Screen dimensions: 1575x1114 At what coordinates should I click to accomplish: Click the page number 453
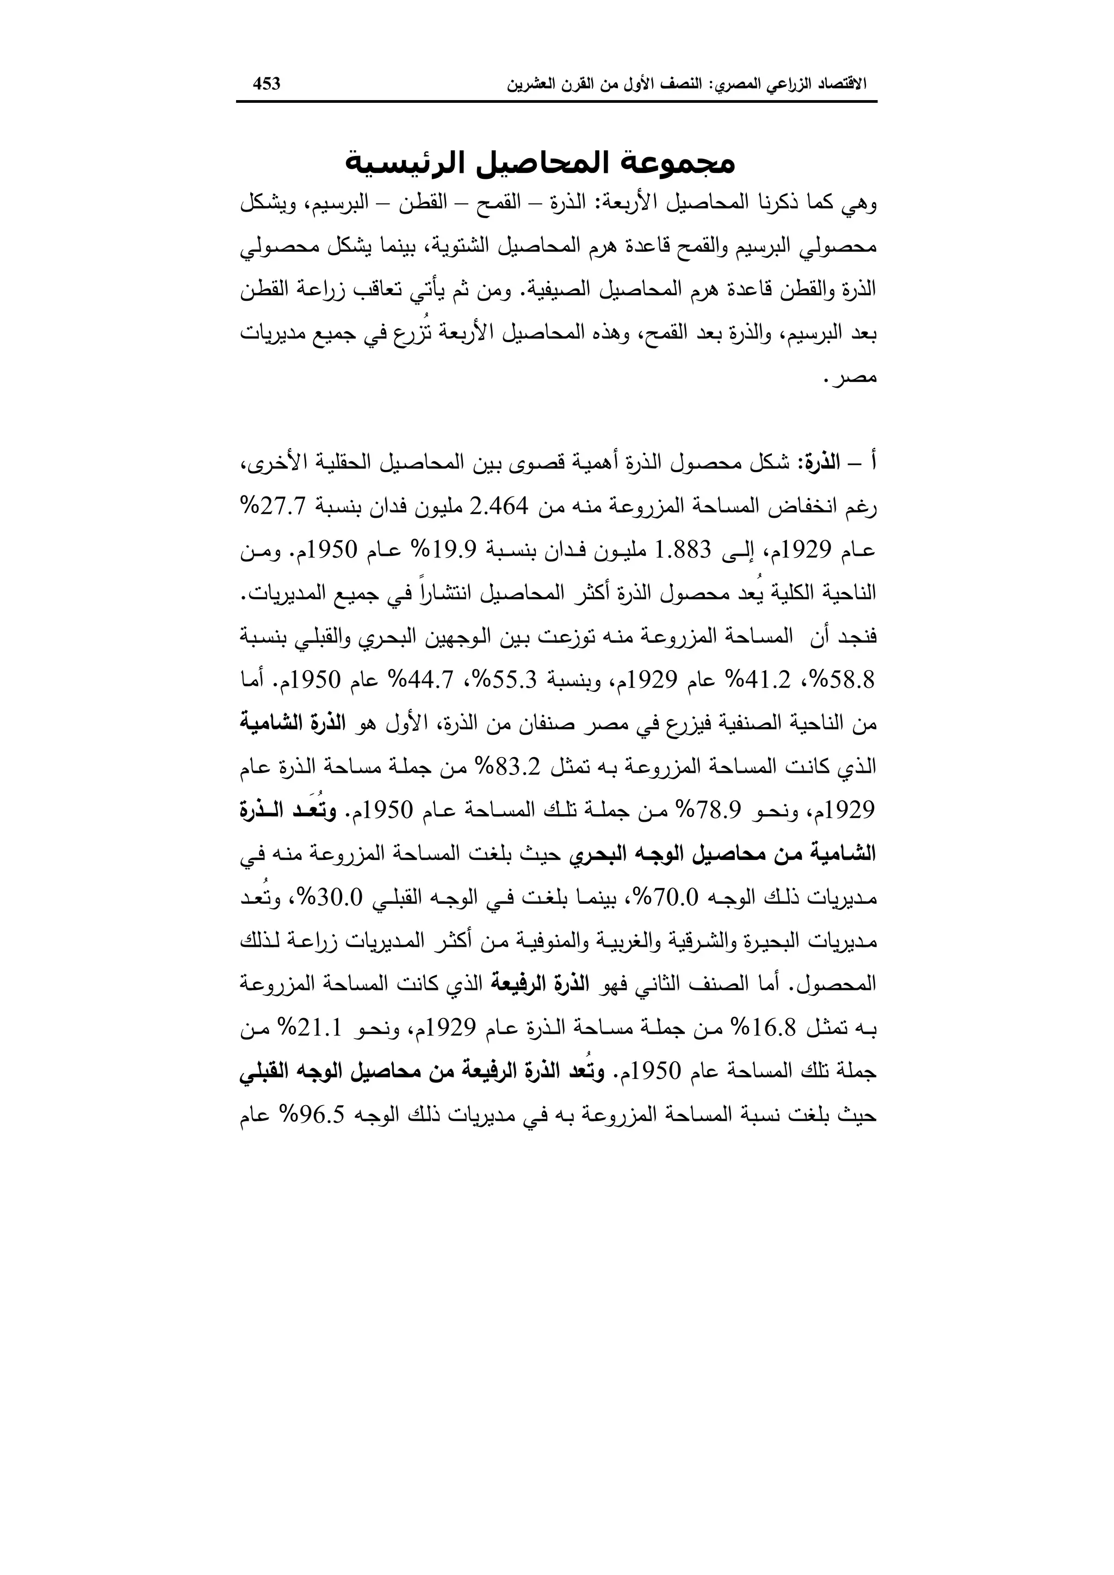(267, 84)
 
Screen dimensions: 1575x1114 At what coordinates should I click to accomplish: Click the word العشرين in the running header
(530, 84)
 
